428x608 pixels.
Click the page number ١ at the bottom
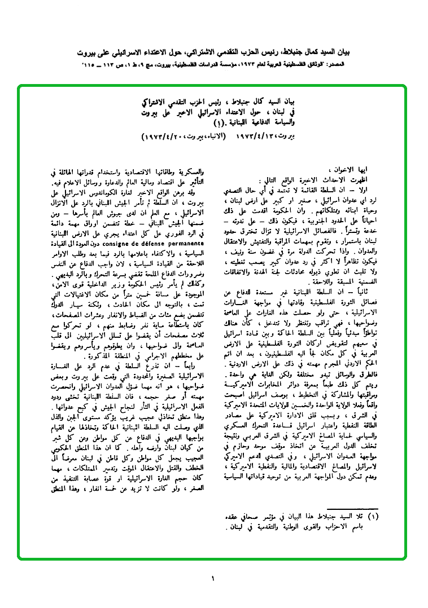coord(213,578)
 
